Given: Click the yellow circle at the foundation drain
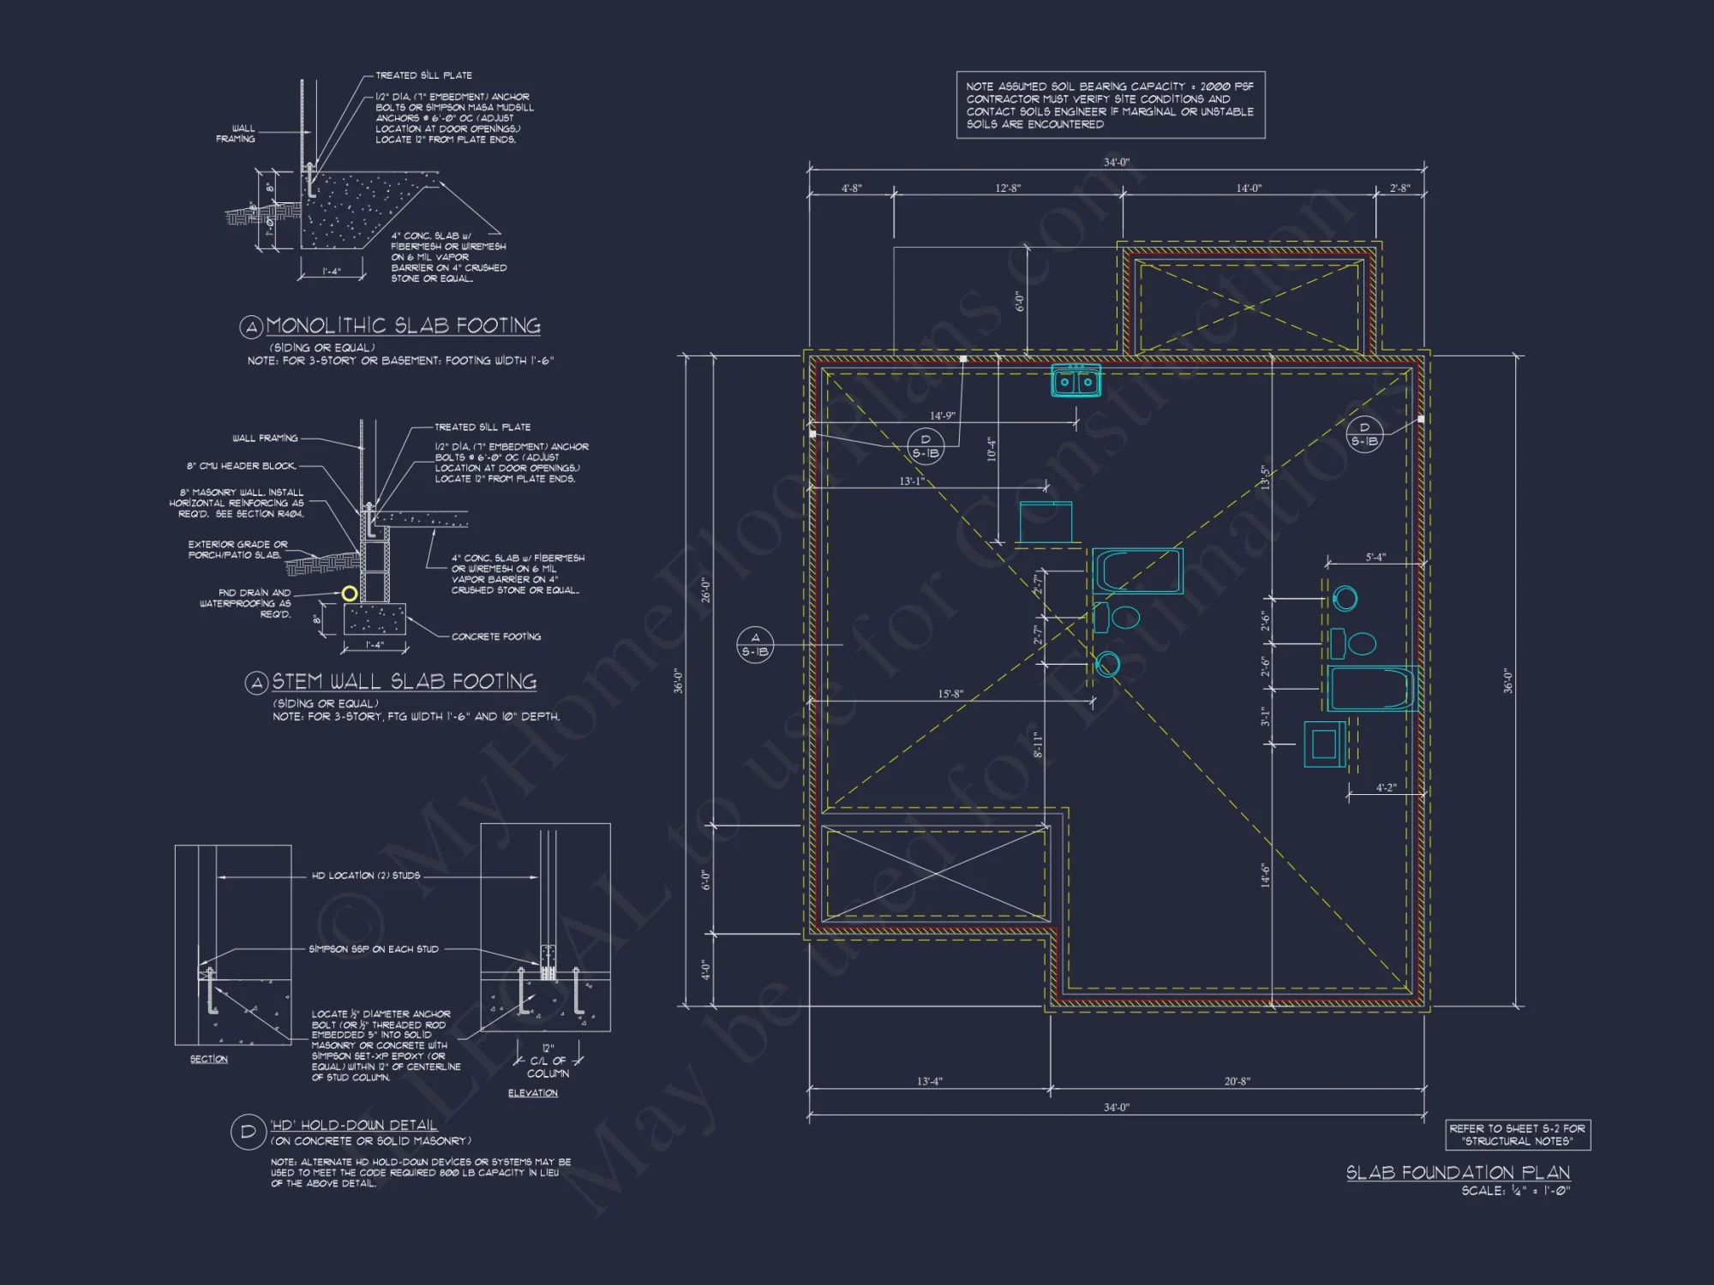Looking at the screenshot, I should (x=350, y=593).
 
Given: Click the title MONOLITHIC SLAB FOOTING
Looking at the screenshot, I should (x=403, y=326).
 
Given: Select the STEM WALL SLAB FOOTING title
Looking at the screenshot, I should (x=404, y=682).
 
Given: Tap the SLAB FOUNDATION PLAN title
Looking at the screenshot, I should (x=1458, y=1172).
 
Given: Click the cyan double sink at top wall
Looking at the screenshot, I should (x=1076, y=380).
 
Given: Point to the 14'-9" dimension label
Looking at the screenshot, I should (x=942, y=415).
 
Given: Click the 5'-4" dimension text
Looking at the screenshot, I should (x=1375, y=558).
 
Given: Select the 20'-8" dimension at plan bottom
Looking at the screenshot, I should (x=1237, y=1081).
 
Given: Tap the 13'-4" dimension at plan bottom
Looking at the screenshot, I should (x=929, y=1081).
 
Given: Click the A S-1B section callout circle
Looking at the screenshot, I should (x=755, y=644).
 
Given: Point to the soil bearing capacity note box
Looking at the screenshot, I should (x=1110, y=105).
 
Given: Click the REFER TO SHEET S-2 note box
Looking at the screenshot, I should (x=1517, y=1134).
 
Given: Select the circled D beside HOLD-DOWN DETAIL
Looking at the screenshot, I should (x=248, y=1132).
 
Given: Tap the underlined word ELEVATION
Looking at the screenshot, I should (x=532, y=1093).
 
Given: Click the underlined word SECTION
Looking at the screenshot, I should (x=209, y=1060).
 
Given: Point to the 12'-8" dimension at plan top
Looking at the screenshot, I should (x=1008, y=188).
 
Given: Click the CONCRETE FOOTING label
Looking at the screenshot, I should (x=496, y=637).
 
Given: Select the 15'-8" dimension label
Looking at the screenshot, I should (x=950, y=694).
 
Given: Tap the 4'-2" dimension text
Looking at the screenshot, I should (x=1386, y=787).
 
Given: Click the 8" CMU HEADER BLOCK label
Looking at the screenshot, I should (x=242, y=466).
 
